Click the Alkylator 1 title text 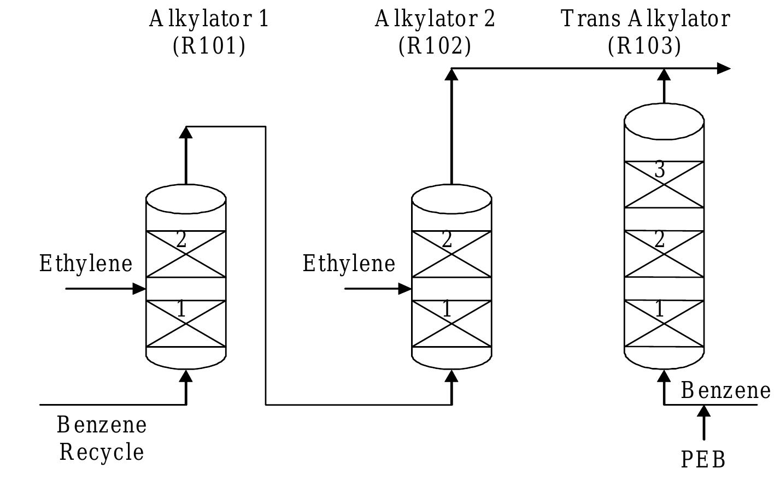coord(209,19)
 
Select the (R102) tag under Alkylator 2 coord(435,46)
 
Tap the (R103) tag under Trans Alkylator coord(644,46)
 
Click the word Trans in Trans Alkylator coord(590,19)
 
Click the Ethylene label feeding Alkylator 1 coord(86,264)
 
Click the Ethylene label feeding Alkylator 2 coord(349,264)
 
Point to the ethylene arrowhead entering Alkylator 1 coord(140,289)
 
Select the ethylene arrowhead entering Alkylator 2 coord(405,289)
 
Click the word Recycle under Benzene coord(102,453)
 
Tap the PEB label coord(703,460)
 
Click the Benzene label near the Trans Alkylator coord(725,391)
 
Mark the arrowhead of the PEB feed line coord(703,411)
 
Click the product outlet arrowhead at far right coord(724,68)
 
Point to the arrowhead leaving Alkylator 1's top coord(186,133)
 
